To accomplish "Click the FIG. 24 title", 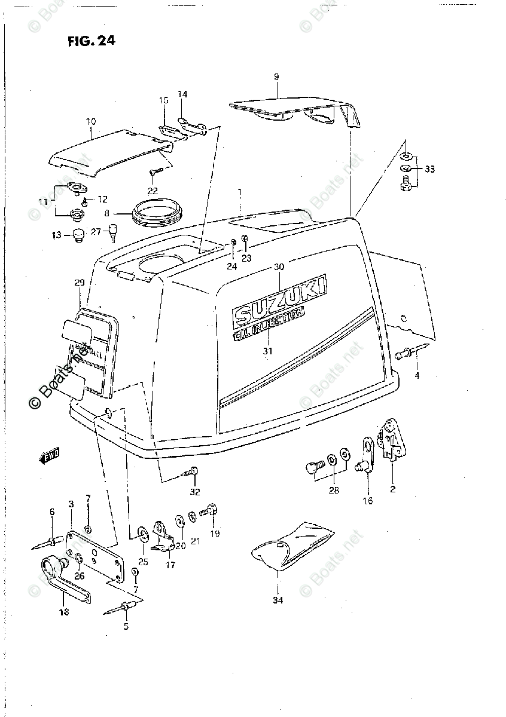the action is point(91,41).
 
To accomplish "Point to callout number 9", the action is point(276,76).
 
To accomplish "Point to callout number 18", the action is point(63,611).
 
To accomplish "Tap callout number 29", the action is point(80,281).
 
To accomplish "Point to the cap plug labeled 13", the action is point(77,235).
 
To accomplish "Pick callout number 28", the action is point(333,491).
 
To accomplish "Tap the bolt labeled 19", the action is point(210,511).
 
